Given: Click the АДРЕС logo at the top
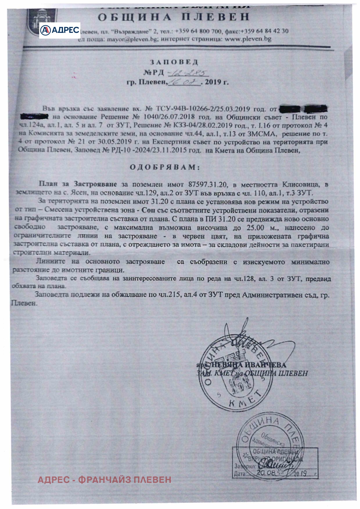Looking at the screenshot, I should (x=60, y=30).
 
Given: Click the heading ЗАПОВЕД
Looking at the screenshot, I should (x=174, y=62).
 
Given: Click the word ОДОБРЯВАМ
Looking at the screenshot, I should (x=165, y=167).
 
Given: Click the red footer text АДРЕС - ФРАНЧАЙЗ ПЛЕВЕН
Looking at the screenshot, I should (x=105, y=479).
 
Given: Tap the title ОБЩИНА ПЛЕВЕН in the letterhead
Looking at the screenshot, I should (x=174, y=17).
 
